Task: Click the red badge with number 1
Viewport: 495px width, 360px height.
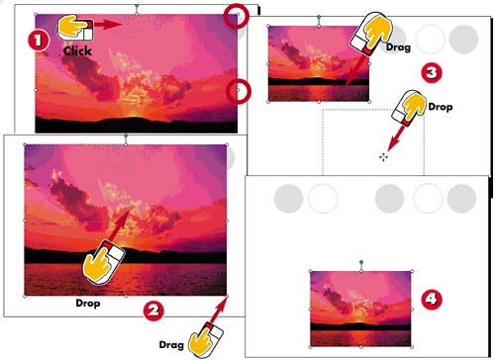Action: (39, 41)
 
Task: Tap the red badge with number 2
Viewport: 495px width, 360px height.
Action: (153, 311)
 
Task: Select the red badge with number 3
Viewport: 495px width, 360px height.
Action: (432, 72)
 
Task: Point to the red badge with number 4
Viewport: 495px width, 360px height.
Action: (432, 300)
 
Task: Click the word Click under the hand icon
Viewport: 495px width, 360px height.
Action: (77, 51)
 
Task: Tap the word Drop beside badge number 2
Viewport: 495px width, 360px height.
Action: (88, 303)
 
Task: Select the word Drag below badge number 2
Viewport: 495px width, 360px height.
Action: (171, 345)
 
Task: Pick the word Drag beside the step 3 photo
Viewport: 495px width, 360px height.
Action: (398, 47)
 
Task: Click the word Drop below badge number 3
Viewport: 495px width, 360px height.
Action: (441, 107)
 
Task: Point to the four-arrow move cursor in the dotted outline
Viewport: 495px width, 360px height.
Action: (383, 157)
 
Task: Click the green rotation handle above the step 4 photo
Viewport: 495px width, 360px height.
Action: (361, 262)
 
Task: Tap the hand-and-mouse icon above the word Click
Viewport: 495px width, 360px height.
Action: (75, 29)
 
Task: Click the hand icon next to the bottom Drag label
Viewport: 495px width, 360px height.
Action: (206, 341)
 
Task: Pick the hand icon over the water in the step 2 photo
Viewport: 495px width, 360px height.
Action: (103, 263)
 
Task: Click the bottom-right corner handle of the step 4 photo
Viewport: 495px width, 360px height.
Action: (412, 347)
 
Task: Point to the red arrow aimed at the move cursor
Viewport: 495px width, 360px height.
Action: (396, 137)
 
